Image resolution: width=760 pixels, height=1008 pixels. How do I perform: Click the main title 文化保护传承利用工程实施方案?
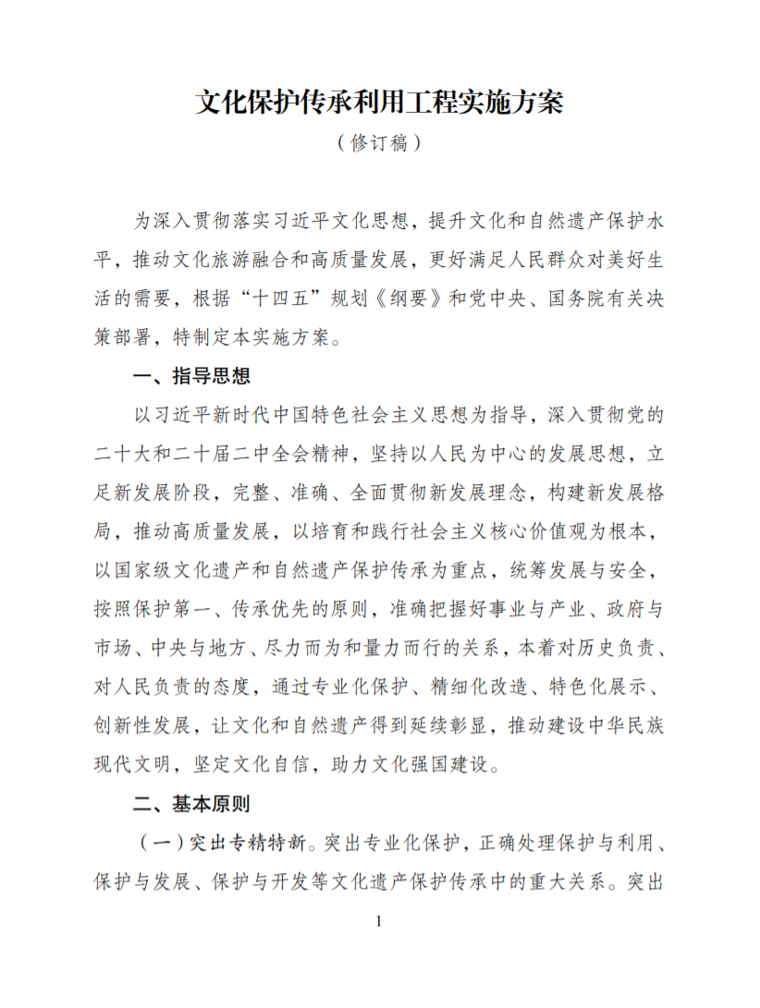(x=379, y=101)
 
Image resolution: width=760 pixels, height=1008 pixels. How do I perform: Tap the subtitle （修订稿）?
(x=379, y=143)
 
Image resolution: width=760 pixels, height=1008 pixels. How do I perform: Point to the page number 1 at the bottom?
(x=379, y=921)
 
